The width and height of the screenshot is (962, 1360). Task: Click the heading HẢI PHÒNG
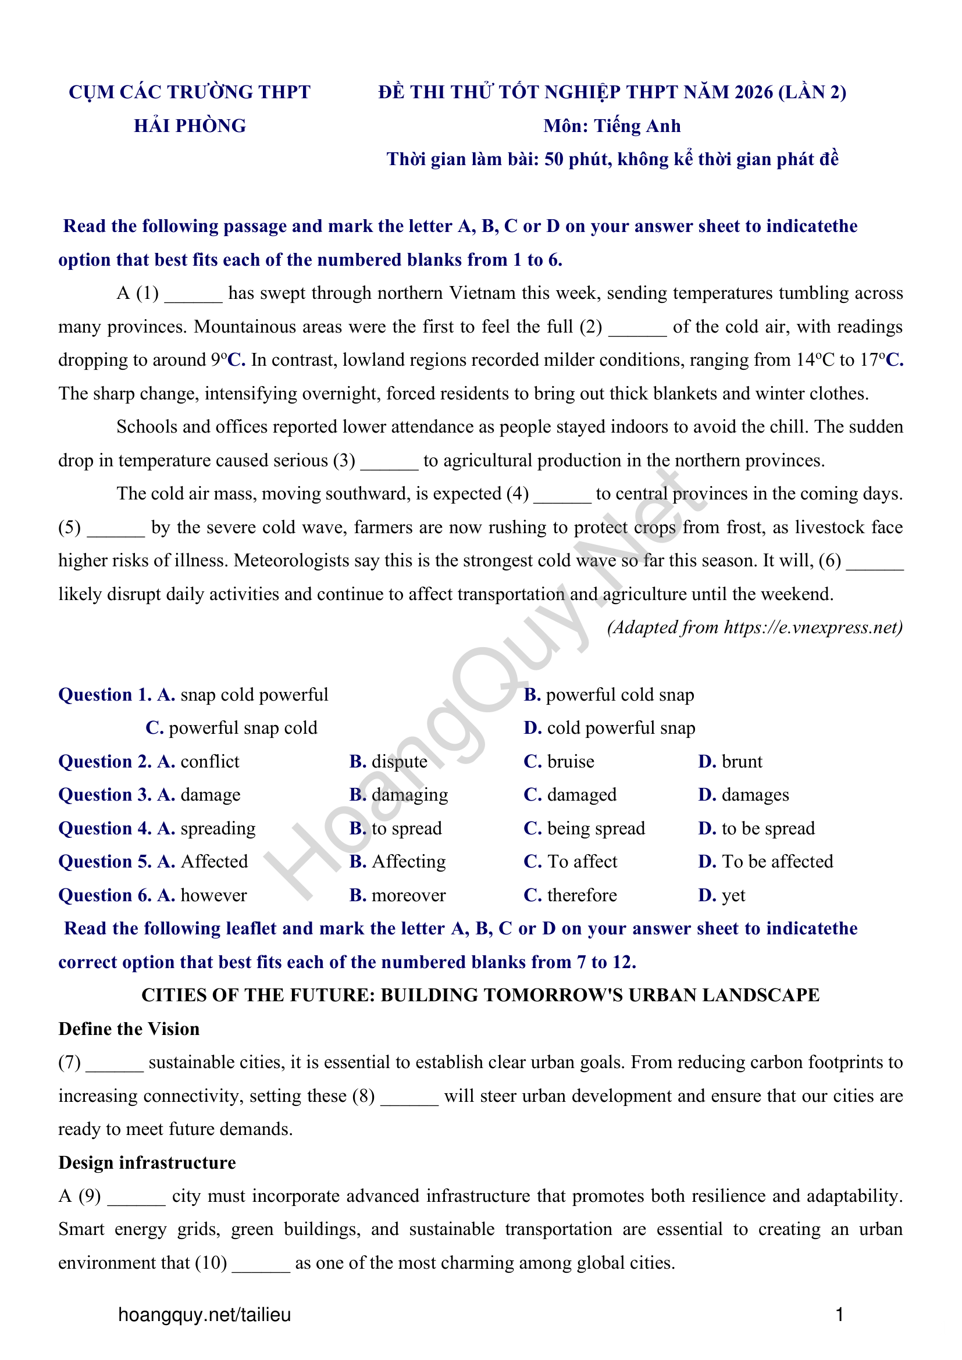(x=190, y=126)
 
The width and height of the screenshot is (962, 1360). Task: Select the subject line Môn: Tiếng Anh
(x=612, y=126)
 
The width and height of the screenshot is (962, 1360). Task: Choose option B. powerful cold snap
(x=609, y=695)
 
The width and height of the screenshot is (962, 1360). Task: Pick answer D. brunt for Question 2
(x=731, y=762)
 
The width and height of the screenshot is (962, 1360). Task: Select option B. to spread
(x=396, y=829)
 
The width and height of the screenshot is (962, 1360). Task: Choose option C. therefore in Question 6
(x=571, y=895)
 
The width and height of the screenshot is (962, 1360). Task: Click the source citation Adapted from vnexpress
(x=755, y=628)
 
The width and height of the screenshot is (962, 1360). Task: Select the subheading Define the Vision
(x=129, y=1030)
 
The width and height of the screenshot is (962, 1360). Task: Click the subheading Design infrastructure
(x=147, y=1163)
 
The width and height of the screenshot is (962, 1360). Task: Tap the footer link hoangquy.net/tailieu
(x=204, y=1315)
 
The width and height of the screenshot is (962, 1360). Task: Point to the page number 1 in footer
(x=839, y=1315)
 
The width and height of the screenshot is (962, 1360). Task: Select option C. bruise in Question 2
(x=559, y=762)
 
